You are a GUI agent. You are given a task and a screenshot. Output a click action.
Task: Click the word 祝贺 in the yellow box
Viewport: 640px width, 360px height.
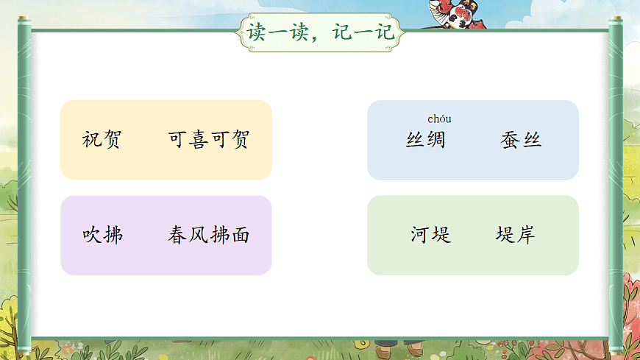102,140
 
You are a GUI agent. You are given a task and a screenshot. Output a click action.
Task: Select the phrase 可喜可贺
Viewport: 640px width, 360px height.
209,140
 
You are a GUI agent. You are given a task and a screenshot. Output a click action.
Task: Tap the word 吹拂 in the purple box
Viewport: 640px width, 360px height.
102,236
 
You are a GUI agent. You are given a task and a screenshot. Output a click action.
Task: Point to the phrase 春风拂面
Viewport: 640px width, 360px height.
209,236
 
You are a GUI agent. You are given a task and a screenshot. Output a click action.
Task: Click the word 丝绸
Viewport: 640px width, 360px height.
425,140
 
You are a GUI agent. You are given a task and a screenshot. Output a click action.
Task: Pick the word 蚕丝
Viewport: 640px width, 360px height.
521,140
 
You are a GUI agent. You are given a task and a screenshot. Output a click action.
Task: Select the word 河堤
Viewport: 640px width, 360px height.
430,236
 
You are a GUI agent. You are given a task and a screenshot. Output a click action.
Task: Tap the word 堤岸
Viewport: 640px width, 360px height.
515,236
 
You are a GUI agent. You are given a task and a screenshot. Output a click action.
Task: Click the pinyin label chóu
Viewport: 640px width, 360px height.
439,119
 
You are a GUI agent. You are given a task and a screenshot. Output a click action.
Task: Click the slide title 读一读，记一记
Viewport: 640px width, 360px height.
321,32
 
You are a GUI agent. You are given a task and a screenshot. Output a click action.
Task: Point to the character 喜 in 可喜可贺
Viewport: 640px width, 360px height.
199,140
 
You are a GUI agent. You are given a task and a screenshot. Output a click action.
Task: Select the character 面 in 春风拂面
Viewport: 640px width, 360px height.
240,236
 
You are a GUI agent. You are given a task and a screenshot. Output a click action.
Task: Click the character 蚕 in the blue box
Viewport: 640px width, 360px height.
511,140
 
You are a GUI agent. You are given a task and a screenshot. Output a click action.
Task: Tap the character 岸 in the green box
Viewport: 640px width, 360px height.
525,236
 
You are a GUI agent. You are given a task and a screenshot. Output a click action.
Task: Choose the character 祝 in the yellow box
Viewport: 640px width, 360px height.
92,140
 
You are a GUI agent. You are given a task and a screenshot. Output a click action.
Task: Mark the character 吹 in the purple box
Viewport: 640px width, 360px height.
92,236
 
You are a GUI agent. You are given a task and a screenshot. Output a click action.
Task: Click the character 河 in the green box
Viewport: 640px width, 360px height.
420,236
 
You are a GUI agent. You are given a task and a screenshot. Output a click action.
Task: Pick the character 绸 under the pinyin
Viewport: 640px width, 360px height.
435,140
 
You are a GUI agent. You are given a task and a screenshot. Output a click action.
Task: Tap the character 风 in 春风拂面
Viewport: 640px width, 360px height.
199,236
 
